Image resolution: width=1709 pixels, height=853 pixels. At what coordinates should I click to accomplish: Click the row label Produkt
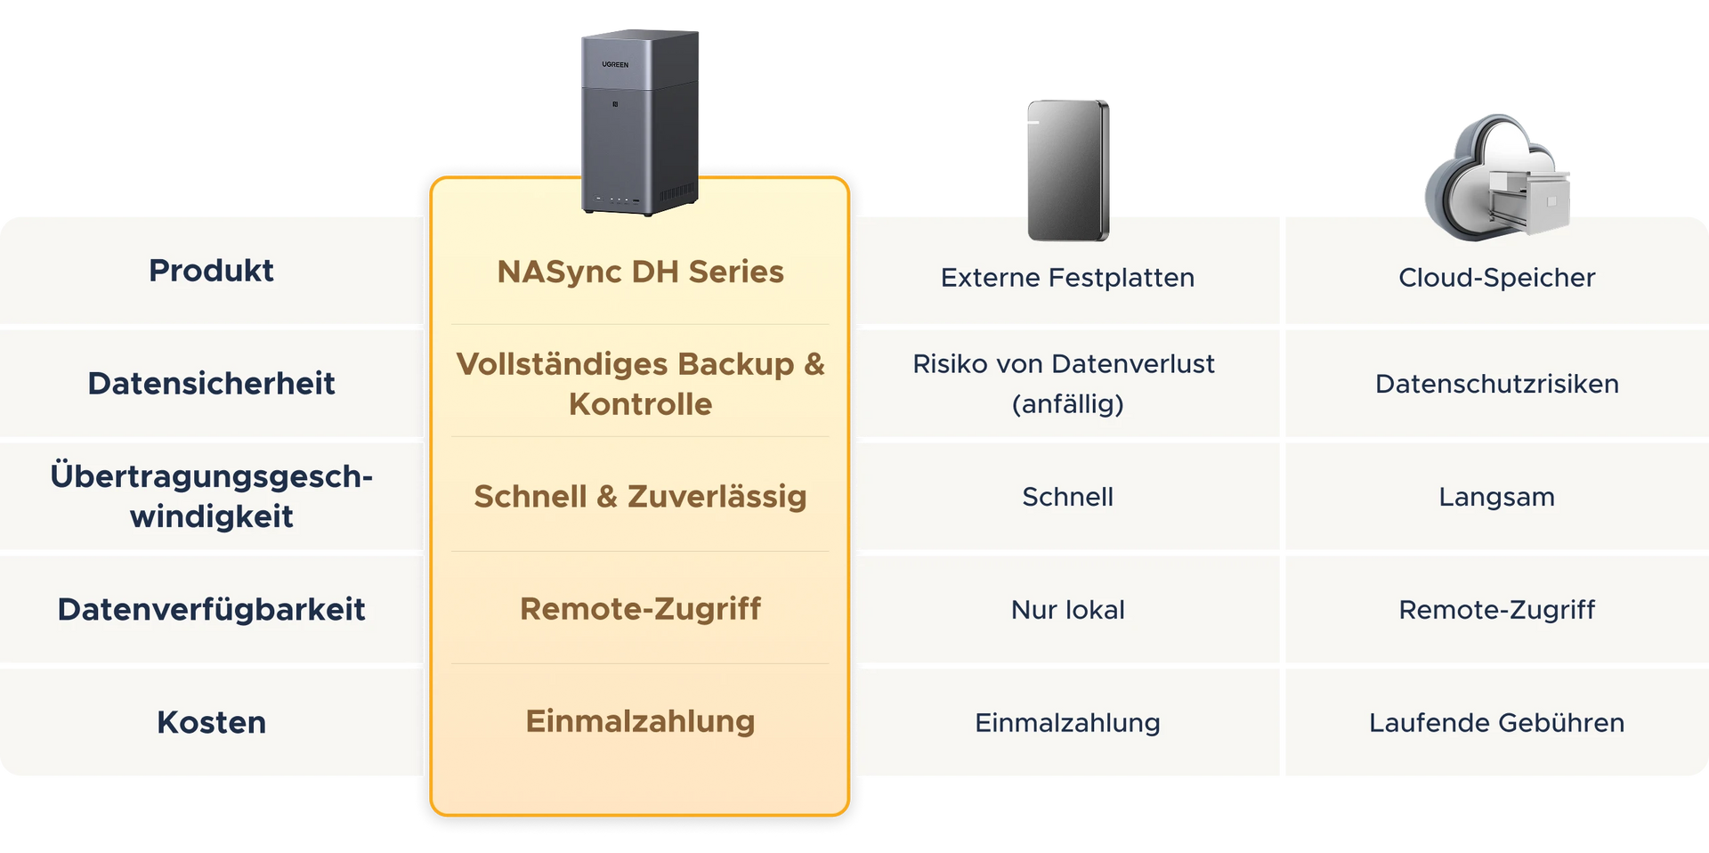coord(211,271)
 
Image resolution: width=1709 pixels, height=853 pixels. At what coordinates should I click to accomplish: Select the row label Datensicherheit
coord(211,384)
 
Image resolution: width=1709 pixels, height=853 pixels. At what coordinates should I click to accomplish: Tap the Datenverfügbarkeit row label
coord(211,609)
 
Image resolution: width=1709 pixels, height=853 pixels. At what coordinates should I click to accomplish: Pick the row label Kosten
coord(211,722)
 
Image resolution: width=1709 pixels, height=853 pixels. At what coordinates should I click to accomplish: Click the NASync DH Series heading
coord(640,272)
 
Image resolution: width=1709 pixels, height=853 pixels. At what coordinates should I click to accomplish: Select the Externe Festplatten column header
coord(1067,278)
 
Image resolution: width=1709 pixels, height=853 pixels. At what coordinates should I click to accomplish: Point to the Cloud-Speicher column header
coord(1496,278)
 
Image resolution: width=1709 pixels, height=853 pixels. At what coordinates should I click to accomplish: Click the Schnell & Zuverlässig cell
coord(640,497)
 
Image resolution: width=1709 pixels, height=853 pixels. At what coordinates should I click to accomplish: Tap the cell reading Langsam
coord(1496,497)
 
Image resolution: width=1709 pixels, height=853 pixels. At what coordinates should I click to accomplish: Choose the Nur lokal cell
coord(1067,610)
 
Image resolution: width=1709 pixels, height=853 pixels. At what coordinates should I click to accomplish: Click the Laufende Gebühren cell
coord(1496,723)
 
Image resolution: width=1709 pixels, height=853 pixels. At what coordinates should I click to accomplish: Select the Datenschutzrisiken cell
coord(1496,384)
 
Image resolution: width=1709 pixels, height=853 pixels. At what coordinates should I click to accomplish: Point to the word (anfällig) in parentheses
coord(1067,404)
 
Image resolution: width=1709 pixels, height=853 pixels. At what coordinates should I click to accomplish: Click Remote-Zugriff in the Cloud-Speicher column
coord(1496,610)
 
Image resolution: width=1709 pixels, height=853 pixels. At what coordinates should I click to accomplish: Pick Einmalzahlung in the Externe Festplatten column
coord(1067,723)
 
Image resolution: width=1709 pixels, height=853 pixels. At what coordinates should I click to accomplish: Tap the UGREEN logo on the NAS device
coord(615,65)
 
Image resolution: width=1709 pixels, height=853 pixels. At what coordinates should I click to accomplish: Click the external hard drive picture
coord(1068,169)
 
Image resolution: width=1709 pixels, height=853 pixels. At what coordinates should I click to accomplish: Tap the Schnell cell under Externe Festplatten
coord(1067,497)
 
